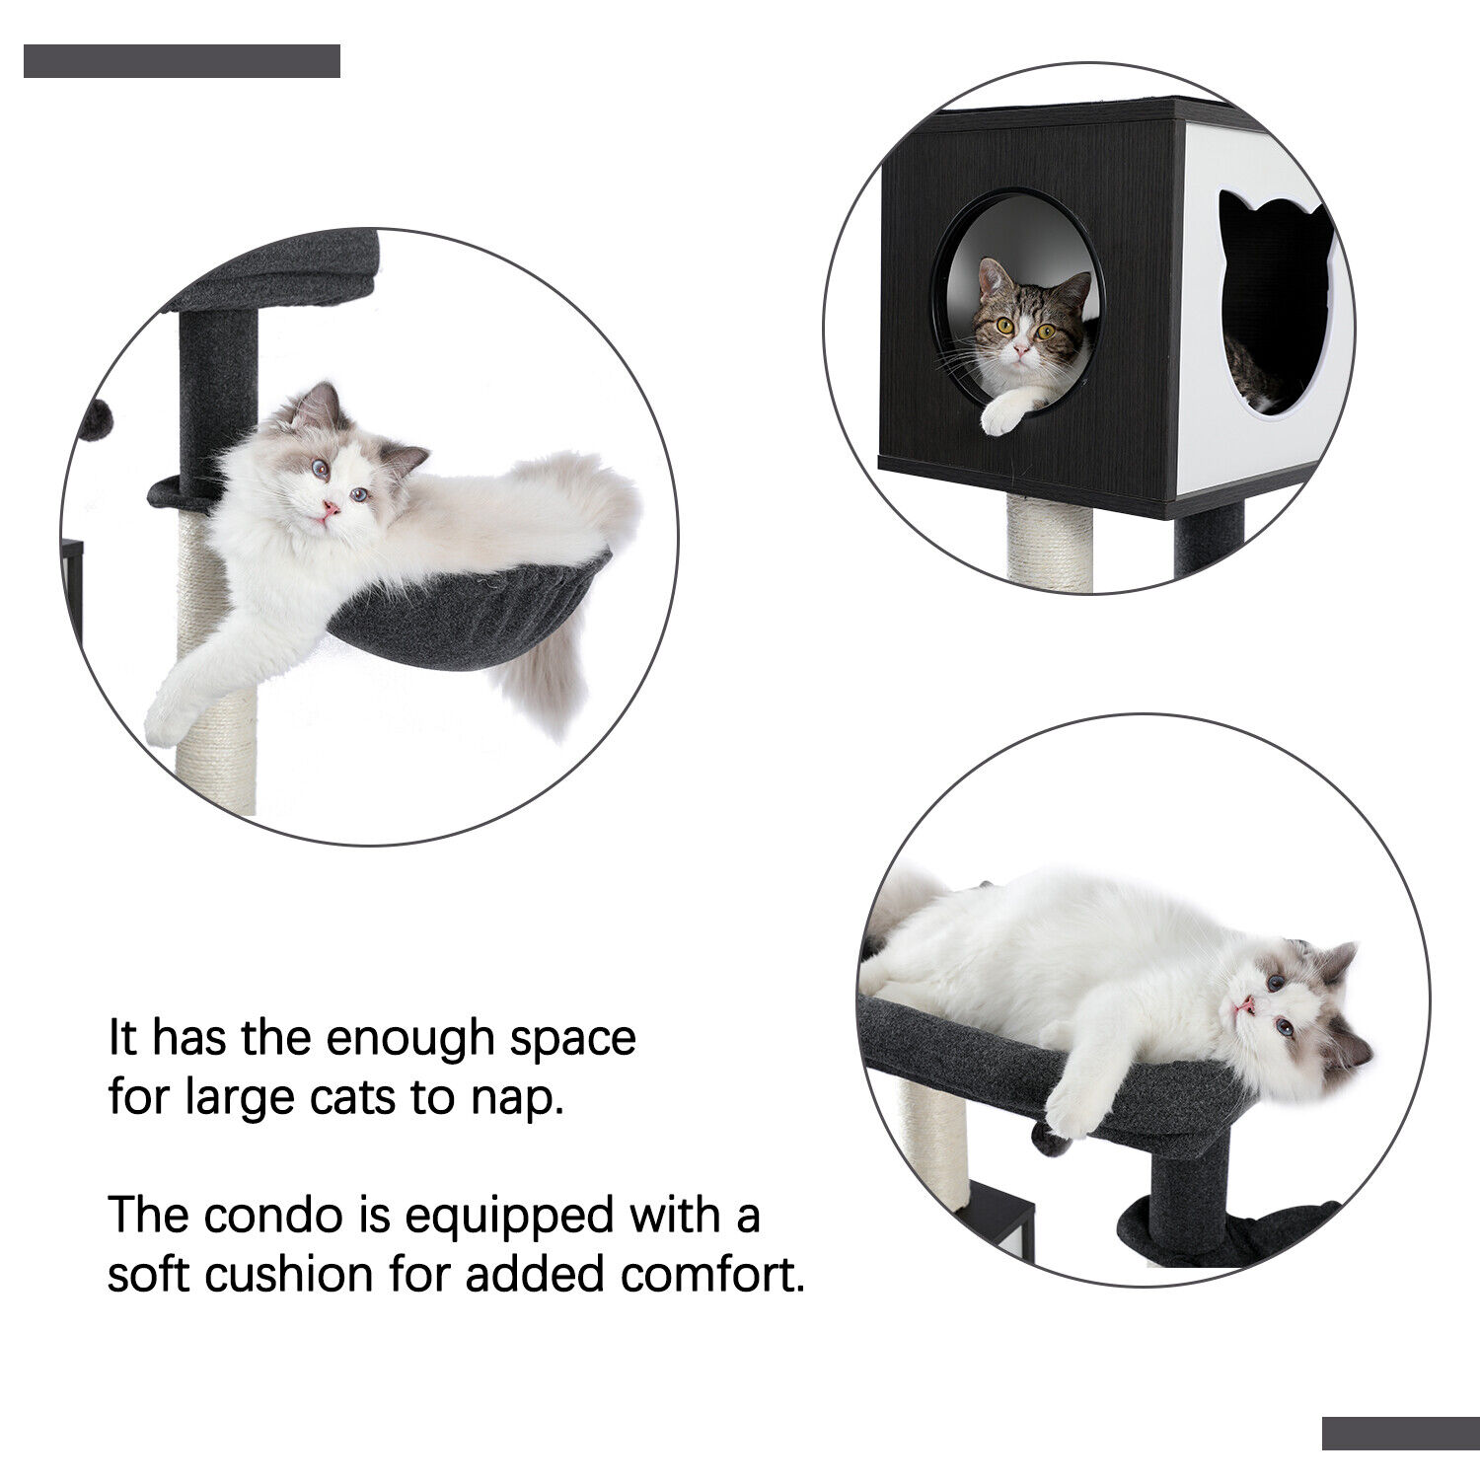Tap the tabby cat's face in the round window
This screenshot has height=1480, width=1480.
[1021, 321]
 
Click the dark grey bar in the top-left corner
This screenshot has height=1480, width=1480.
[182, 61]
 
